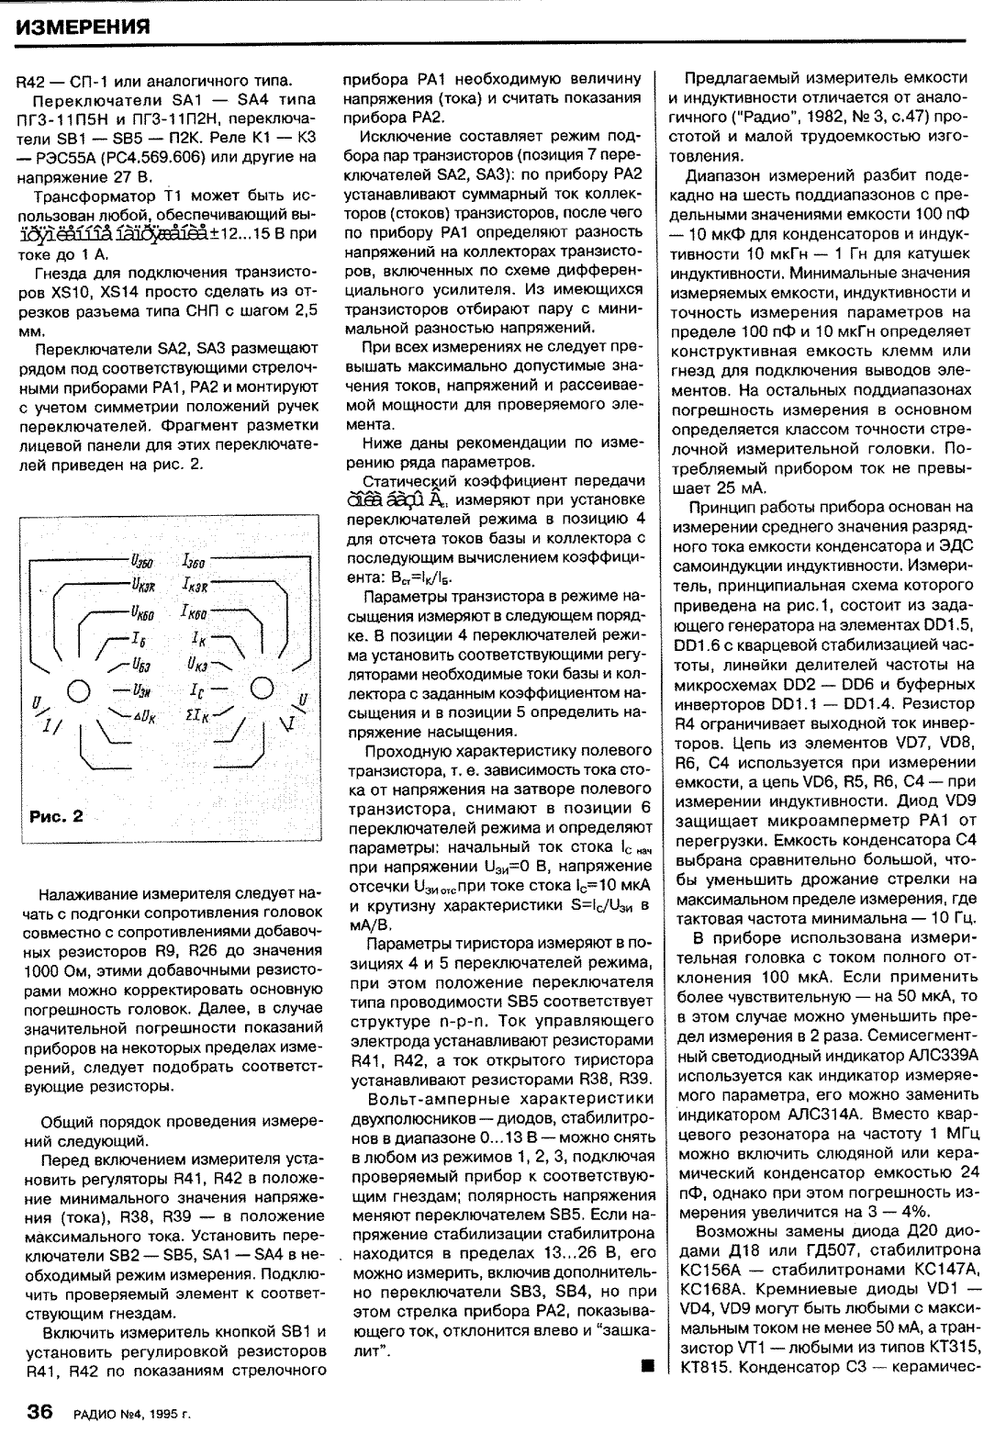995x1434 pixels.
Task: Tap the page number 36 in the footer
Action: [44, 1411]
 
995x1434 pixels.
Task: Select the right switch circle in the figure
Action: [262, 687]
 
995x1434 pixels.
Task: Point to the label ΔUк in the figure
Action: [149, 711]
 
